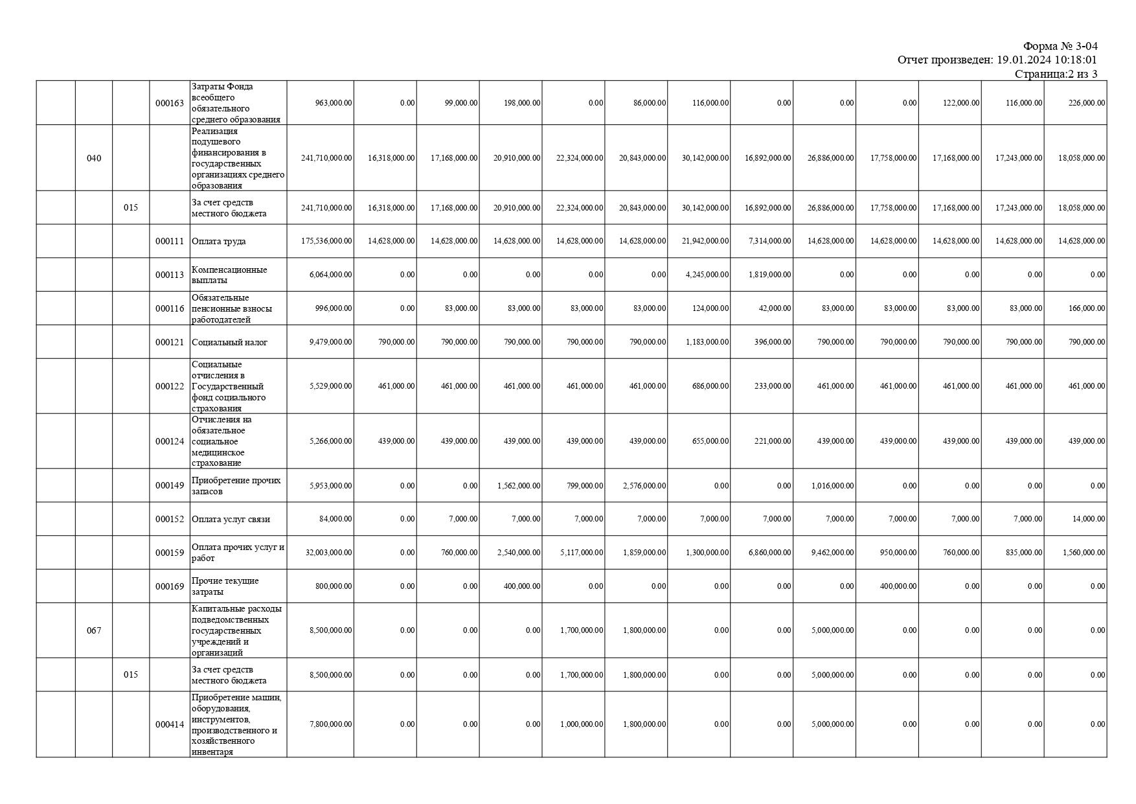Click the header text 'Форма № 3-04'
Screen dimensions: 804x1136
[x=1060, y=46]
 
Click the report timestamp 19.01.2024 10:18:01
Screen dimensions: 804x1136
[x=1047, y=60]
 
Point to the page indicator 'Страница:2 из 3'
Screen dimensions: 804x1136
[x=1056, y=74]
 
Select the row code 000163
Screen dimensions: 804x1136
[x=170, y=103]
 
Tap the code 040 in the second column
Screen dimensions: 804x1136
[x=94, y=158]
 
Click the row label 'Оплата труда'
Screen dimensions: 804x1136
[x=219, y=241]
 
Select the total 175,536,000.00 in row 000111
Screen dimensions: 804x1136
[x=327, y=241]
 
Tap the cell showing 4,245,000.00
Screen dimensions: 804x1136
[x=707, y=275]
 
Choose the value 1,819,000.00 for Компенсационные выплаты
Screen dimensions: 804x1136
[x=769, y=275]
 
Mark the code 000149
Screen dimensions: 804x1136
[x=170, y=486]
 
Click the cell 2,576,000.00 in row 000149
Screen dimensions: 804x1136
[x=644, y=486]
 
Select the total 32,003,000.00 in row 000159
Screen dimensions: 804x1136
[x=329, y=553]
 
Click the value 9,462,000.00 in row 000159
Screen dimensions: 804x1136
[x=832, y=553]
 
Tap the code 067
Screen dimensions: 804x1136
[x=94, y=630]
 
